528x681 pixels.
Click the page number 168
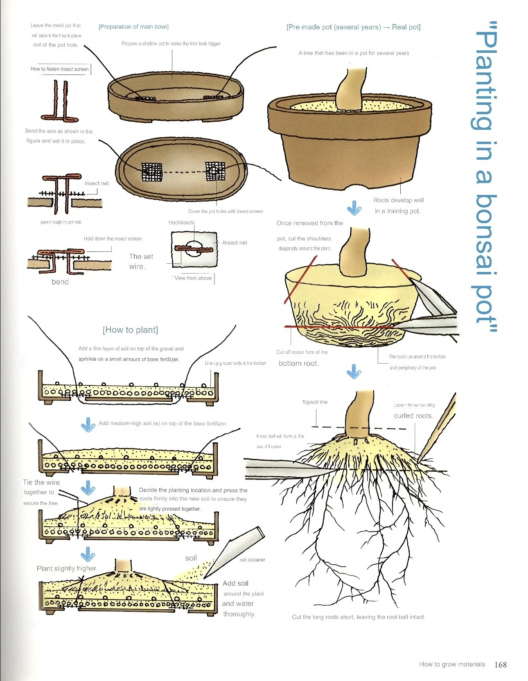(500, 664)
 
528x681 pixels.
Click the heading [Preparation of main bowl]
(133, 27)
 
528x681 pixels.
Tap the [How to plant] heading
(130, 330)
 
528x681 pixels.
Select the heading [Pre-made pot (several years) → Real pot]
(353, 27)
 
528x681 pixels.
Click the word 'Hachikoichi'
(181, 222)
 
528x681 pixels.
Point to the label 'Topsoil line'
(315, 402)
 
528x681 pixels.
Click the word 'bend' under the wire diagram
(60, 282)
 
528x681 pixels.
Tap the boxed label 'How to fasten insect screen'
(60, 69)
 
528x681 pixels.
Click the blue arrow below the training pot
(354, 208)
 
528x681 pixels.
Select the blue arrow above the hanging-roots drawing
(354, 371)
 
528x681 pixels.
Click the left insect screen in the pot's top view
(152, 172)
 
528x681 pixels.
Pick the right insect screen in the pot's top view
(215, 171)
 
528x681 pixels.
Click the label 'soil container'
(253, 560)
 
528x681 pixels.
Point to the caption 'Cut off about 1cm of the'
(302, 352)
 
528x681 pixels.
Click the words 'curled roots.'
(413, 416)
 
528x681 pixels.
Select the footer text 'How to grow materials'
(452, 664)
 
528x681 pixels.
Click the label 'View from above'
(193, 278)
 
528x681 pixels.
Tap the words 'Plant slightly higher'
(66, 568)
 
